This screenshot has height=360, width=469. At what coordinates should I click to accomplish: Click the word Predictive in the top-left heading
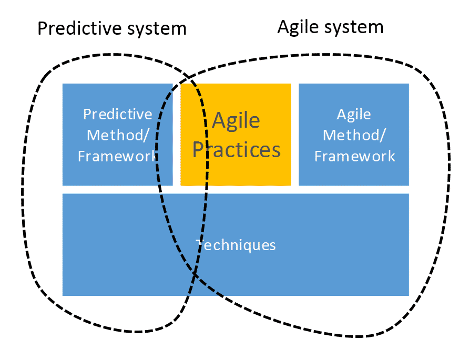click(80, 28)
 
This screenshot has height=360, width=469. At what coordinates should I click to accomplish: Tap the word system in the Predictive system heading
click(157, 30)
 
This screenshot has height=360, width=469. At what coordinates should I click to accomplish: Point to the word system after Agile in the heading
click(354, 28)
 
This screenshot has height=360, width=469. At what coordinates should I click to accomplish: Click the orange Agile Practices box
click(236, 135)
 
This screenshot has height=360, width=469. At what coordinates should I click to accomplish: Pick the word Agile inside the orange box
click(236, 121)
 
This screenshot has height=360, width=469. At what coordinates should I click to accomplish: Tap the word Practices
click(236, 149)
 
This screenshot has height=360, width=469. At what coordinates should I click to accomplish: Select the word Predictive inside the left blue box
click(118, 114)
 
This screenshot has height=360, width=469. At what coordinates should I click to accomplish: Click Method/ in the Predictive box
click(118, 135)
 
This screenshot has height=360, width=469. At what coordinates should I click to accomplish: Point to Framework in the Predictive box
click(118, 156)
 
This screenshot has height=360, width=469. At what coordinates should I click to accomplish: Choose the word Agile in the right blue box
click(354, 115)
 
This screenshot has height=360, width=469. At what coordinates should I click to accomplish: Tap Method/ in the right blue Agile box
click(354, 135)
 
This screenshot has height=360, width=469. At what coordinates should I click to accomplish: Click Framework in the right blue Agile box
click(354, 156)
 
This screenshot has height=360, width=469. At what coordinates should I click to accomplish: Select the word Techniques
click(236, 245)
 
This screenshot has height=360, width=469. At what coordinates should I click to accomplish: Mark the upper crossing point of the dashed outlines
click(189, 78)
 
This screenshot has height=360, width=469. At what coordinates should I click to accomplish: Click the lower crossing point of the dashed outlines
click(195, 273)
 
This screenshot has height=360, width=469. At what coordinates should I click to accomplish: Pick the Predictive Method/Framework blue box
click(118, 135)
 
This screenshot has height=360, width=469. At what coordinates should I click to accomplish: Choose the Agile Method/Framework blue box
click(354, 135)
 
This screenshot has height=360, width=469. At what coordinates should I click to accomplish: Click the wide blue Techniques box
click(236, 244)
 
